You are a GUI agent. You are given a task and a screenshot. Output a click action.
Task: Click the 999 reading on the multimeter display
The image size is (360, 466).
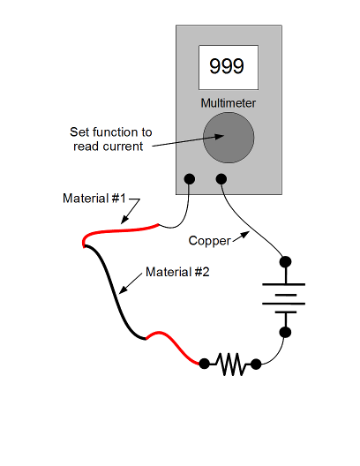(227, 66)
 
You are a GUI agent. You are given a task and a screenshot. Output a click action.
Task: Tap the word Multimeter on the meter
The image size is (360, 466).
(229, 103)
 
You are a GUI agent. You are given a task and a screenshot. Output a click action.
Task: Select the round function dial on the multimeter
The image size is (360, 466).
(229, 138)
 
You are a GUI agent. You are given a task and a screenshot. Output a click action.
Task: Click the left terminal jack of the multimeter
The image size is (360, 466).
(190, 179)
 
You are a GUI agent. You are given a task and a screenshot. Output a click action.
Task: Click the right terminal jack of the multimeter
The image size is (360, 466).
(221, 179)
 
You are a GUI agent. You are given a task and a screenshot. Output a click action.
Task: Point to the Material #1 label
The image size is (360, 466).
(94, 199)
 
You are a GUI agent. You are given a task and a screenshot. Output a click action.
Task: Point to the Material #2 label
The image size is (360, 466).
(177, 272)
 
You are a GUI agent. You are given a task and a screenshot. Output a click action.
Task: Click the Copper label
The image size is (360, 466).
(209, 241)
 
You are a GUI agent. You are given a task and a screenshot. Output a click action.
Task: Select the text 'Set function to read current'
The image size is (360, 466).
(111, 139)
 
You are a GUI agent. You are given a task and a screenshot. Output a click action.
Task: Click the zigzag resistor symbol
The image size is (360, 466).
(230, 364)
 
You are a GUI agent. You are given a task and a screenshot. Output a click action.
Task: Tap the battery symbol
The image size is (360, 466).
(284, 298)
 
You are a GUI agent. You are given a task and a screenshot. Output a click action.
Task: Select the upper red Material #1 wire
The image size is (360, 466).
(119, 231)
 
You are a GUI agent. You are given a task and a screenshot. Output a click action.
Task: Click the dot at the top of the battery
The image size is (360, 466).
(286, 262)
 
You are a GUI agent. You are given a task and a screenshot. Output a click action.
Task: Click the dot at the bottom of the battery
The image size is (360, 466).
(286, 332)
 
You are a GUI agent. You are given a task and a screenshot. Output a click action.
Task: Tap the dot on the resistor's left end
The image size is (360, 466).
(204, 364)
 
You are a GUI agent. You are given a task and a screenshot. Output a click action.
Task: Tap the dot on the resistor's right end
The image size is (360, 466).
(256, 364)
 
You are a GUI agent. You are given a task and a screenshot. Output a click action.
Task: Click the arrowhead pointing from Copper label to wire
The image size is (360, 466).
(245, 235)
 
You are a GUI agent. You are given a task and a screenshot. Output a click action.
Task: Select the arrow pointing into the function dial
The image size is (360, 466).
(188, 141)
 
